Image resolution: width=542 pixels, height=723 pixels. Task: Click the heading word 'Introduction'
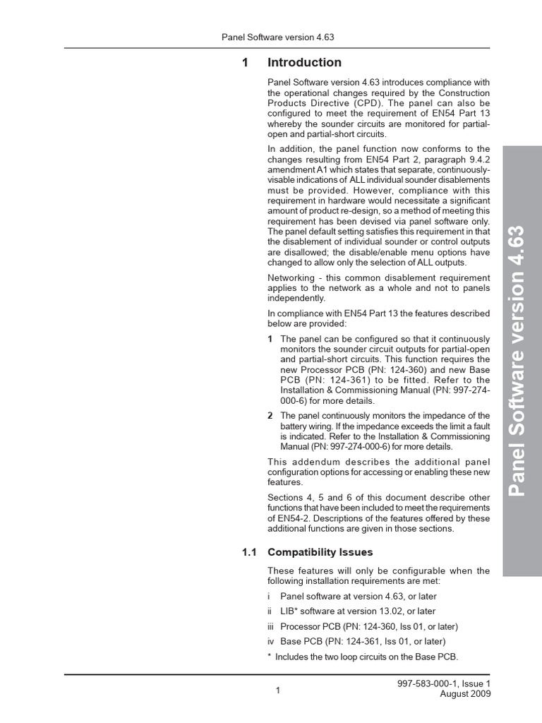304,63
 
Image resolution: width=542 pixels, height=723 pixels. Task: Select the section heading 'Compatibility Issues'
320,552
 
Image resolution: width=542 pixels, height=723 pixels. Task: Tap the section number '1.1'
248,552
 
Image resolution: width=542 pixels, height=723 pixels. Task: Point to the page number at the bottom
278,691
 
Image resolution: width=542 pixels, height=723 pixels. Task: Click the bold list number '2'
270,415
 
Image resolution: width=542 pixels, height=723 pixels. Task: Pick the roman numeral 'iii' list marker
270,626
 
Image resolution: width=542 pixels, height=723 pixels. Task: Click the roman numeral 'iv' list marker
270,642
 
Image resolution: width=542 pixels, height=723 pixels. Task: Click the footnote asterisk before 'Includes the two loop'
269,657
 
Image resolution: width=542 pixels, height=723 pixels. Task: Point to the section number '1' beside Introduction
245,63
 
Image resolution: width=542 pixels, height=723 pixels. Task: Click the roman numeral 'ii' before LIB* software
270,611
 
